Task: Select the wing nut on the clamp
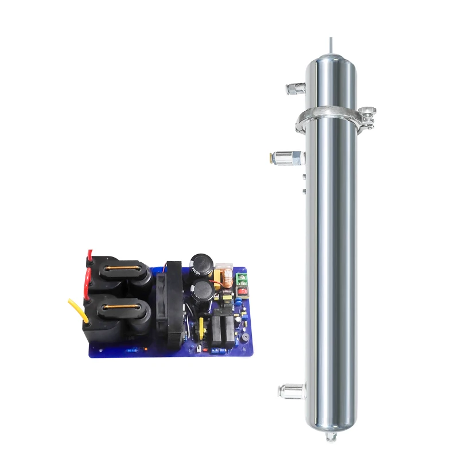(x=368, y=111)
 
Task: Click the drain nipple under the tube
(x=330, y=437)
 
